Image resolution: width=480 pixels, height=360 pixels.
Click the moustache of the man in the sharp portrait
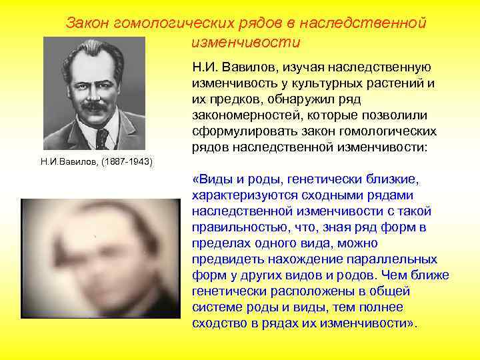(x=95, y=105)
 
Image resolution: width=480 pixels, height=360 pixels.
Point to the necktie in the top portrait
(x=102, y=138)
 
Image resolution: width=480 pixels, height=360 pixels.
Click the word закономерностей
(x=247, y=115)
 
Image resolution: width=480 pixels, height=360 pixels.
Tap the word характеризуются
(x=248, y=195)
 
